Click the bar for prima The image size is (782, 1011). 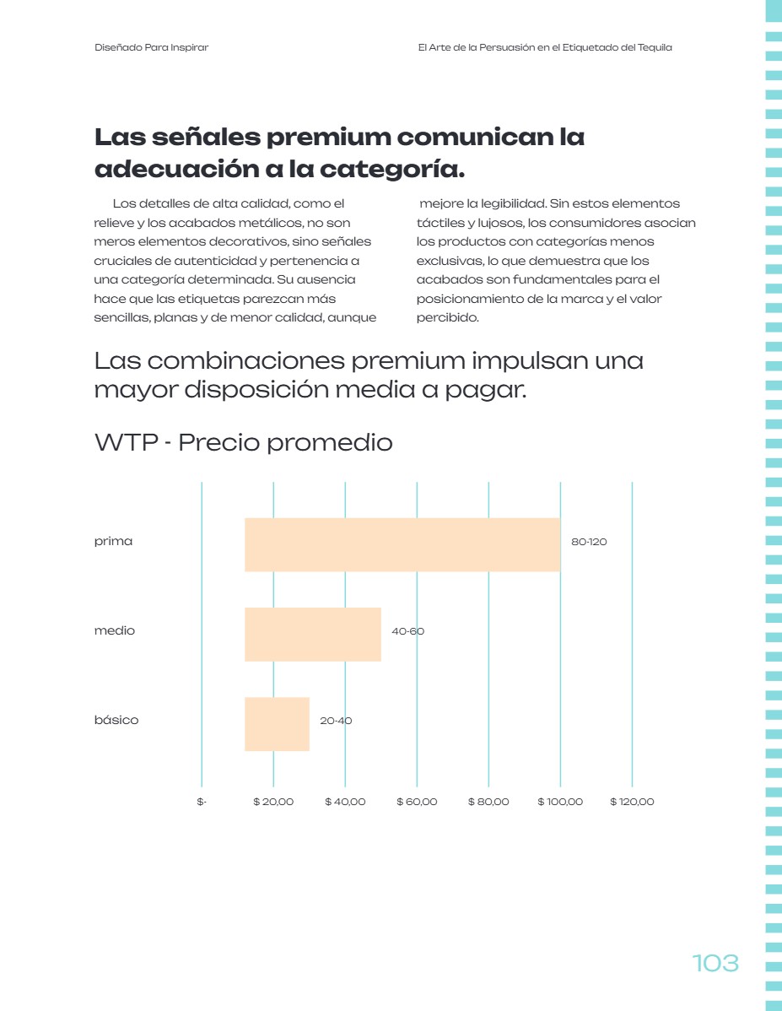(402, 544)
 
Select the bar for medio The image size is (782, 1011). (313, 634)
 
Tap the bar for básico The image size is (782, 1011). (278, 723)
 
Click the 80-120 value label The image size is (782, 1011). (589, 542)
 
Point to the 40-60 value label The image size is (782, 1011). (408, 631)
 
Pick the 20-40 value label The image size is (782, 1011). (336, 721)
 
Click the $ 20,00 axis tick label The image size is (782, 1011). (273, 802)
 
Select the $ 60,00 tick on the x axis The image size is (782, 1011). (417, 802)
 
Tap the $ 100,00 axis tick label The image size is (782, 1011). (560, 802)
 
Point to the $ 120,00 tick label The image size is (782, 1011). (632, 802)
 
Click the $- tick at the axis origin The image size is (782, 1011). (202, 802)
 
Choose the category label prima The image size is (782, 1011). (114, 541)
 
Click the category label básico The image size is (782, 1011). (116, 720)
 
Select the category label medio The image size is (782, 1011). (115, 630)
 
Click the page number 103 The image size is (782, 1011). (715, 963)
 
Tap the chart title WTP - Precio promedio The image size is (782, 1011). (244, 442)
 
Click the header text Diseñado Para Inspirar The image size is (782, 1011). (152, 47)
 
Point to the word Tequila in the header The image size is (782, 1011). (655, 47)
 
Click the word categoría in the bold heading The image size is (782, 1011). (392, 169)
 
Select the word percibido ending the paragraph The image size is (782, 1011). (447, 317)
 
